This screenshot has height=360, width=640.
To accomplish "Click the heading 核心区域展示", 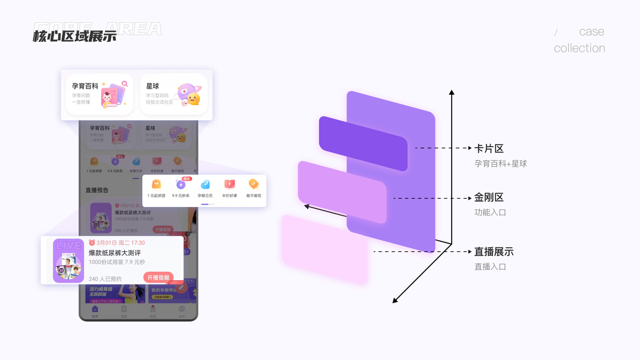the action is point(74,36).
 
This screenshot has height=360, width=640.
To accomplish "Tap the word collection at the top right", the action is point(579,49).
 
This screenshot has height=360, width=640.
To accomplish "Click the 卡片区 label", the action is point(489,148).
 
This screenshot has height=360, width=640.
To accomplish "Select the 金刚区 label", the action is point(489,197).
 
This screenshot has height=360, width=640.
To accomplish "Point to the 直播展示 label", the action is point(494,252).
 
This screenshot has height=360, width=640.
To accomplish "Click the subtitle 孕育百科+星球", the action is point(500,163).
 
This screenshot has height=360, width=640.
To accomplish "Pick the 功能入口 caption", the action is point(490,212).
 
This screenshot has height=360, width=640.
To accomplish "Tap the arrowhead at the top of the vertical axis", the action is point(452,92).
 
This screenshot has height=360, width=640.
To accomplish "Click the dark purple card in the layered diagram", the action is point(362,142).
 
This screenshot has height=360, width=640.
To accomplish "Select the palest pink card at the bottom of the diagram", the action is point(324,249).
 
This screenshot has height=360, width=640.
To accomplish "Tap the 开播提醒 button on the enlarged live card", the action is point(158,278).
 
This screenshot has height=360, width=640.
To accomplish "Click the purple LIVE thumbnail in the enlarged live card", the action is point(68,261).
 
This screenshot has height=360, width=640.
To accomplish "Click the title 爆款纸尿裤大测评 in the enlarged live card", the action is point(115,253).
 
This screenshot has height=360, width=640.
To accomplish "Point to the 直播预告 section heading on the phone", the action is point(97,190).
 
